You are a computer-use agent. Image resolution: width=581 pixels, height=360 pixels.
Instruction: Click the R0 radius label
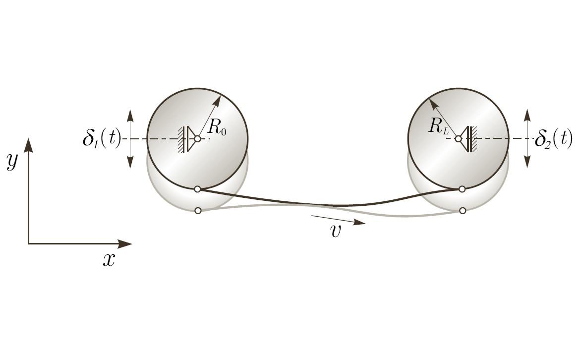(x=217, y=127)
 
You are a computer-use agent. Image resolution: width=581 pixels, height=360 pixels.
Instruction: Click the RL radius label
(x=439, y=126)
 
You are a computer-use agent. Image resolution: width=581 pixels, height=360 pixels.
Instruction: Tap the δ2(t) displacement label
(x=554, y=139)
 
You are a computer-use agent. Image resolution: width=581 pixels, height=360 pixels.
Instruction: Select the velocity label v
(x=335, y=231)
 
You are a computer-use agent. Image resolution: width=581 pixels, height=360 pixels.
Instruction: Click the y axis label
(x=12, y=161)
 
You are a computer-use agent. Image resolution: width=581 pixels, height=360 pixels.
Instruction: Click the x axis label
(x=109, y=260)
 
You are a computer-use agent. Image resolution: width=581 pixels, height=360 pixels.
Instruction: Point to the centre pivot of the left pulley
(x=197, y=139)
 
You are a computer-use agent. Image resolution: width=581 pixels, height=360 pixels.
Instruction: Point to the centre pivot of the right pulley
(x=459, y=139)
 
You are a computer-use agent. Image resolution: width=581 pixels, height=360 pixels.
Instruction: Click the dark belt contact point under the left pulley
(x=197, y=189)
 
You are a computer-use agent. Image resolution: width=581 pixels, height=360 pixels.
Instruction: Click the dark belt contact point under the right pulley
(x=462, y=189)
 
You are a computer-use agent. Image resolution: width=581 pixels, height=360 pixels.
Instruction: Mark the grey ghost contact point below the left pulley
(x=198, y=211)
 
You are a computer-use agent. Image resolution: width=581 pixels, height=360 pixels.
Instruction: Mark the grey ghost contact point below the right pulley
(x=463, y=211)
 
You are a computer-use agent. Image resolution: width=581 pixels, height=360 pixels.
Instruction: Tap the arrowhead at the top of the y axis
(x=29, y=145)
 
